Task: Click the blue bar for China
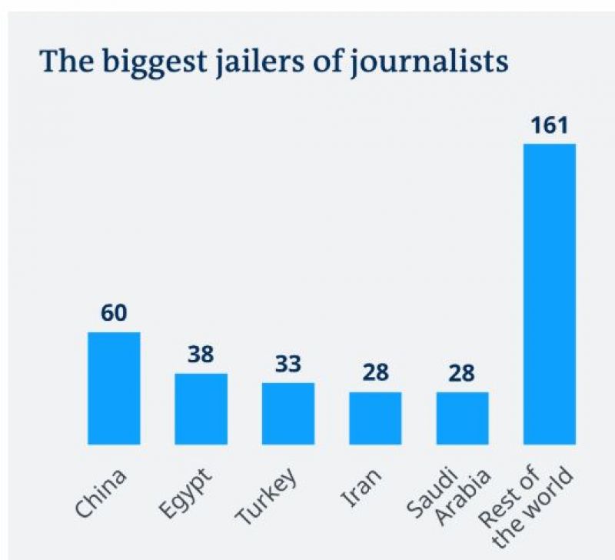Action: point(114,388)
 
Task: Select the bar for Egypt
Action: point(201,408)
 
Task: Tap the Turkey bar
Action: point(288,413)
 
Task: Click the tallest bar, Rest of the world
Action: point(549,293)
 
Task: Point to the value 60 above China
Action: point(114,313)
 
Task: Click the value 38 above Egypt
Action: point(201,355)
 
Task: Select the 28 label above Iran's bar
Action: point(375,374)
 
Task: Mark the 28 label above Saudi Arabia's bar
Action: point(462,374)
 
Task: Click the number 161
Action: point(549,125)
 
